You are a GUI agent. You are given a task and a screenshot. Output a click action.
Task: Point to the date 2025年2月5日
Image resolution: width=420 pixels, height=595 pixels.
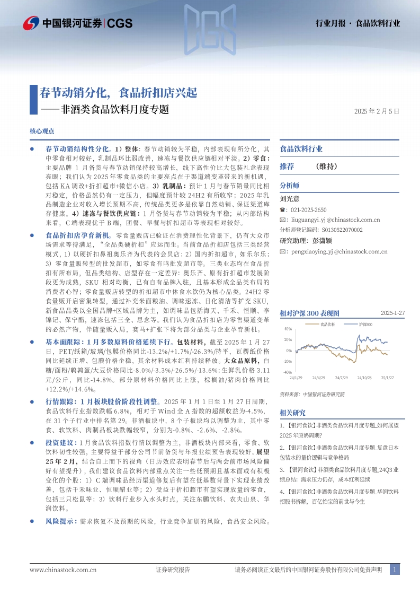click(x=377, y=111)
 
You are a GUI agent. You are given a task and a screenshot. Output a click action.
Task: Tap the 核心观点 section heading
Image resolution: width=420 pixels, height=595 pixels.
click(x=42, y=131)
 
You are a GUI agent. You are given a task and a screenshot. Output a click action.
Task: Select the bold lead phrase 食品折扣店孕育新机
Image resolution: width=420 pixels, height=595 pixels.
click(x=77, y=234)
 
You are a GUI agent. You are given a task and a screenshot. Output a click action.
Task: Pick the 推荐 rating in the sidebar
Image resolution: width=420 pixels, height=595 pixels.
click(x=287, y=166)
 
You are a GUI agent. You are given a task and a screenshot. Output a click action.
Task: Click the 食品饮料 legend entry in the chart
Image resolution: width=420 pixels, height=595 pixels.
click(x=327, y=323)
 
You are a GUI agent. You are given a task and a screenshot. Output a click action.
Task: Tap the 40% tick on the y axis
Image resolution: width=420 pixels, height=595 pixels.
click(x=288, y=330)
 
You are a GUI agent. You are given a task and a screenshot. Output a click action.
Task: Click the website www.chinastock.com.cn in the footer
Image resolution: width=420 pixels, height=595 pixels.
click(x=63, y=570)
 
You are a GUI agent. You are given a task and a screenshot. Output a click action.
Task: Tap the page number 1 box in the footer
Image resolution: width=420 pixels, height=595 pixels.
click(x=395, y=570)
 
